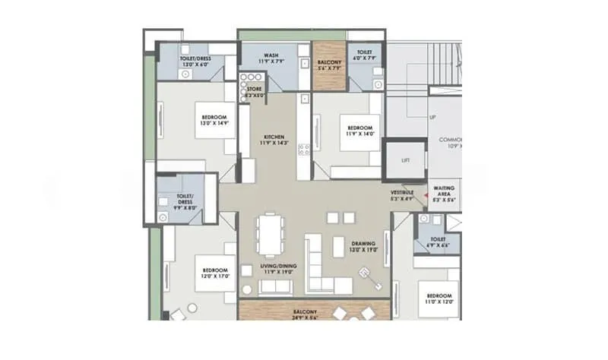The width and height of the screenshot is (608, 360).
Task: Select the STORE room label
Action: [255, 92]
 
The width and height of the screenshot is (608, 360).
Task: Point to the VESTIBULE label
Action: [402, 197]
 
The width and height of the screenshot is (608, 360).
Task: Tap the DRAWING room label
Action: [363, 247]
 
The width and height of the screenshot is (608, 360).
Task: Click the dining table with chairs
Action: [268, 234]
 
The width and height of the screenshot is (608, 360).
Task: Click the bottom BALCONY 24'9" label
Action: [313, 314]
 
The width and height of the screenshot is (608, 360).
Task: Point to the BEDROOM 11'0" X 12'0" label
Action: [438, 298]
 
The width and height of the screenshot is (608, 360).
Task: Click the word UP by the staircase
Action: [432, 118]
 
